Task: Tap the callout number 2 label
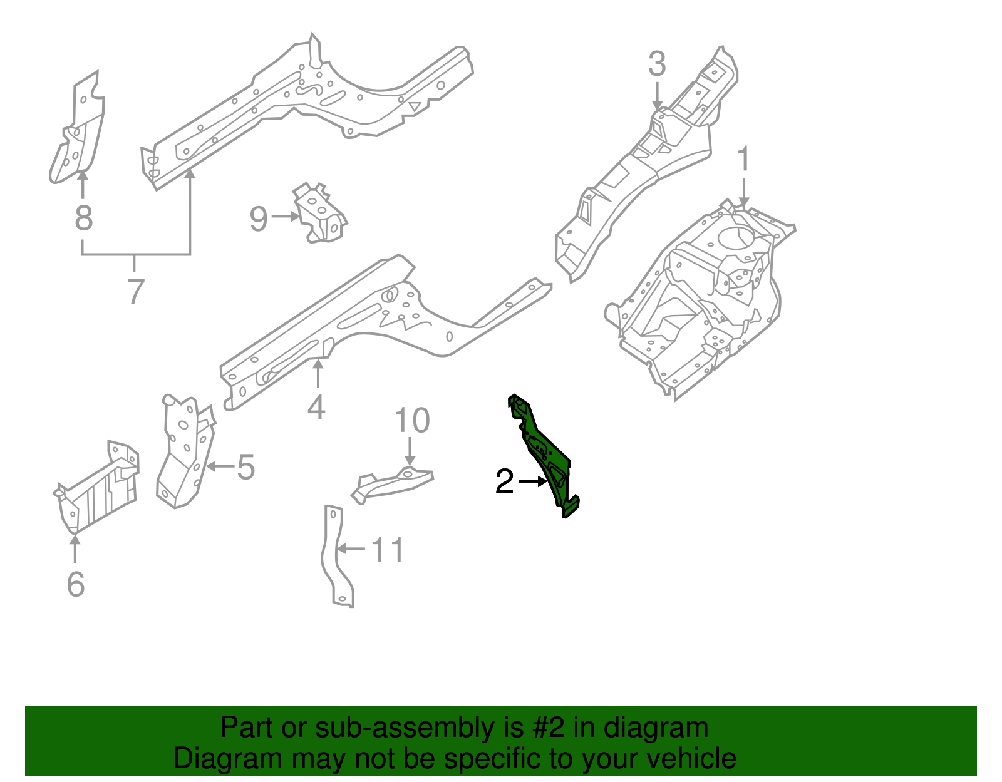tap(504, 482)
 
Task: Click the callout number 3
tap(656, 64)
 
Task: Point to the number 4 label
tap(317, 408)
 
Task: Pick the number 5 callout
tap(245, 468)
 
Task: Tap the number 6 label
tap(75, 584)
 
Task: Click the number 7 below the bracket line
tap(136, 292)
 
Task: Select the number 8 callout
tap(83, 219)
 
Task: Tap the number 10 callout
tap(412, 421)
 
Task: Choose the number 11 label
tap(388, 550)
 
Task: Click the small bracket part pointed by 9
tap(320, 214)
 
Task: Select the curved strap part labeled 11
tap(336, 557)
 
